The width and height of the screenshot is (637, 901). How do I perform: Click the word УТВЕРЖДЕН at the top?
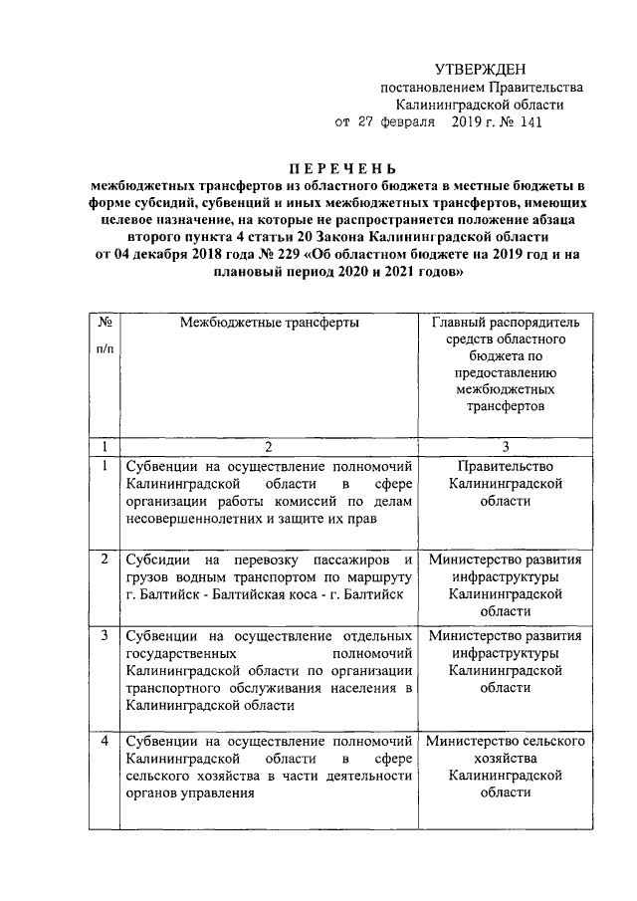[x=483, y=69]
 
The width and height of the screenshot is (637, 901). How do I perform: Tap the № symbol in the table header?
[x=105, y=324]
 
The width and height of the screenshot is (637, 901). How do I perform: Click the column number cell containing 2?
[x=267, y=447]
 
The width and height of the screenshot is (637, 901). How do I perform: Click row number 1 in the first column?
[x=105, y=466]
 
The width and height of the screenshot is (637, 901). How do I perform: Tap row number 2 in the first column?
[x=105, y=559]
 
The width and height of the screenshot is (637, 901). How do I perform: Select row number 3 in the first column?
[x=105, y=634]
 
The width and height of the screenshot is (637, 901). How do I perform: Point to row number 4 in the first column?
[x=105, y=742]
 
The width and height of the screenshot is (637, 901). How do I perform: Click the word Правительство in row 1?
[x=505, y=466]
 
